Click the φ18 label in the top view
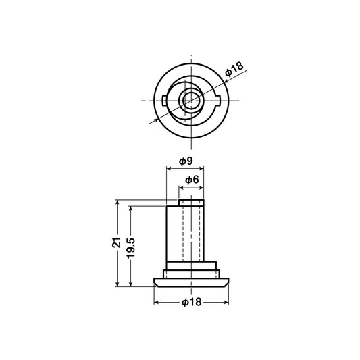coord(234,69)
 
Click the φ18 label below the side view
coord(191,302)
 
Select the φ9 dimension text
coord(186,161)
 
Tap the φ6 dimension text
coord(192,180)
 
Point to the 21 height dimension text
coord(117,242)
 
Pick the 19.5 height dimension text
coord(131,249)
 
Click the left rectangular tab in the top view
coord(164,101)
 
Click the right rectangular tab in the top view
coord(217,101)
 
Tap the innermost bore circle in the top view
coord(191,101)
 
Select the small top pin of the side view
coord(191,203)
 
